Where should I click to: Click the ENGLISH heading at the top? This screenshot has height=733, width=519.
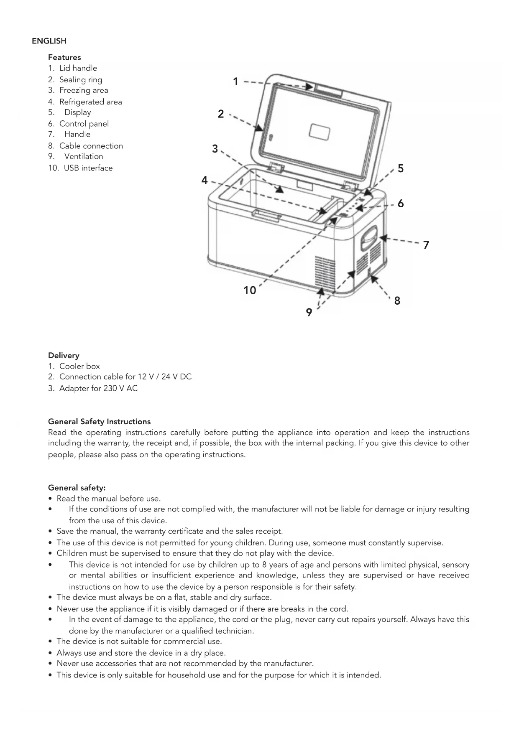pos(49,41)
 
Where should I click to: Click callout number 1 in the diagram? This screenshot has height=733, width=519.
pos(235,81)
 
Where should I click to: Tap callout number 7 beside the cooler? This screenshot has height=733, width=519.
pos(426,245)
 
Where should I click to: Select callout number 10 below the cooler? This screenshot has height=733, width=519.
pos(250,290)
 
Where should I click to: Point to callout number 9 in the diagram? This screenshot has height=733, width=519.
pos(309,312)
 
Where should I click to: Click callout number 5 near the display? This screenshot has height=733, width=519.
pos(401,168)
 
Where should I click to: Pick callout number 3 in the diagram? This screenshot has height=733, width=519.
pos(215,149)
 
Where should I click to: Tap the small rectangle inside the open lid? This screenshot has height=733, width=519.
pos(319,132)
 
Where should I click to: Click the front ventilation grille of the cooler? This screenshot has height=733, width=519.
pos(325,272)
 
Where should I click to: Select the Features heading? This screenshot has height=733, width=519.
pos(64,57)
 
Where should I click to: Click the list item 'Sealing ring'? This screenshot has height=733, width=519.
pos(81,79)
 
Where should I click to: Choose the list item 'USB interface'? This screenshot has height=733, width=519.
pos(88,168)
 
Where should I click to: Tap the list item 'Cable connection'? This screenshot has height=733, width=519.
pos(91,146)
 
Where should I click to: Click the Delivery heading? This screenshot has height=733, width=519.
pos(64,355)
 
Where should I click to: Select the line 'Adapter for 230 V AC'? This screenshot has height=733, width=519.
pos(98,388)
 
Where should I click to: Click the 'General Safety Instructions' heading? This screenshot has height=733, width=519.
pos(99,421)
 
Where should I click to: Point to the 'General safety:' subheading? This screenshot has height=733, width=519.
pos(77,487)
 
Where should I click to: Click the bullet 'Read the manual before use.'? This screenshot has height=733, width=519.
pos(109,498)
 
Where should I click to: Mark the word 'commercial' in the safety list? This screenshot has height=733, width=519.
pos(184,641)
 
